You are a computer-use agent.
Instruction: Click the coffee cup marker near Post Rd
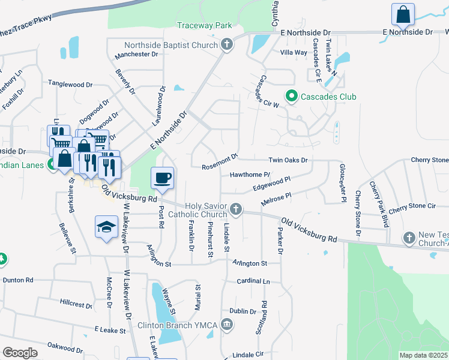(x=163, y=178)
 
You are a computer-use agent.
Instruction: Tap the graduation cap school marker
(x=107, y=227)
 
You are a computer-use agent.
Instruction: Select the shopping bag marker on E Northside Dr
(x=403, y=15)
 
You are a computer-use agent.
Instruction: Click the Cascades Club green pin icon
(x=292, y=96)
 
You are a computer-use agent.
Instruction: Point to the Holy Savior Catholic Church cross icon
(x=236, y=209)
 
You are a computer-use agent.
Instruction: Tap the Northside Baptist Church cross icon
(x=226, y=45)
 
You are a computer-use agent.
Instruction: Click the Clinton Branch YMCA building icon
(x=227, y=325)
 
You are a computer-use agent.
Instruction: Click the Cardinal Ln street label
(x=253, y=281)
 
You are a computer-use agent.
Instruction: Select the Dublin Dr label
(x=243, y=311)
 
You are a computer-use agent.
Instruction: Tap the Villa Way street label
(x=294, y=53)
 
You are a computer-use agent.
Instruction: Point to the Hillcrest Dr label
(x=76, y=304)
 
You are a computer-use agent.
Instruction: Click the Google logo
(x=20, y=353)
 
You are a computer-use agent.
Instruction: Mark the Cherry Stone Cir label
(x=412, y=206)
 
